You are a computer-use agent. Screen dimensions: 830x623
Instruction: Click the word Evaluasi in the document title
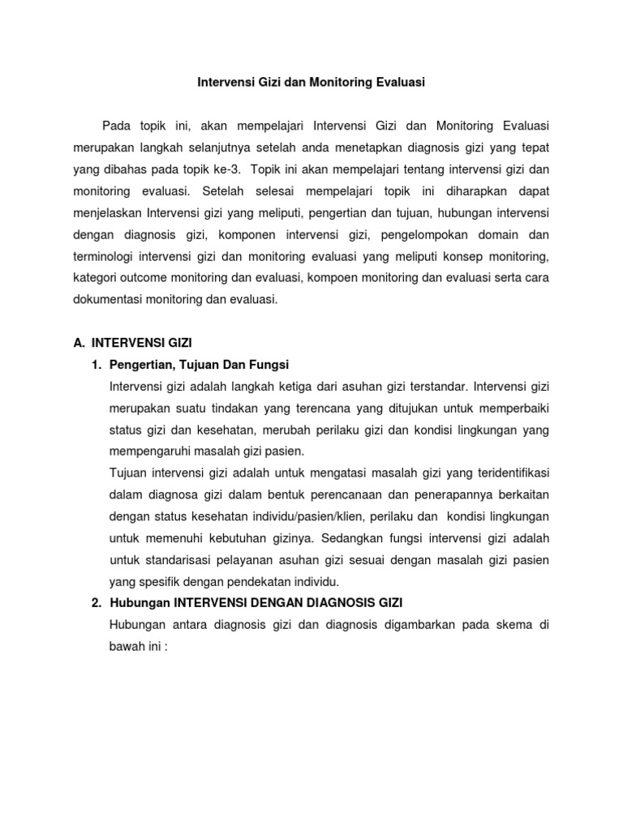[397, 82]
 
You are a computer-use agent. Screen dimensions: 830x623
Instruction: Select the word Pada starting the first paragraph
[116, 125]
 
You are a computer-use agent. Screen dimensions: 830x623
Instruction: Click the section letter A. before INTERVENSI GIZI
[79, 344]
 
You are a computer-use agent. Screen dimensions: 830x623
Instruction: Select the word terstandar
[435, 386]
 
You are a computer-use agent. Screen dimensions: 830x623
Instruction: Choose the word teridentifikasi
[506, 473]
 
